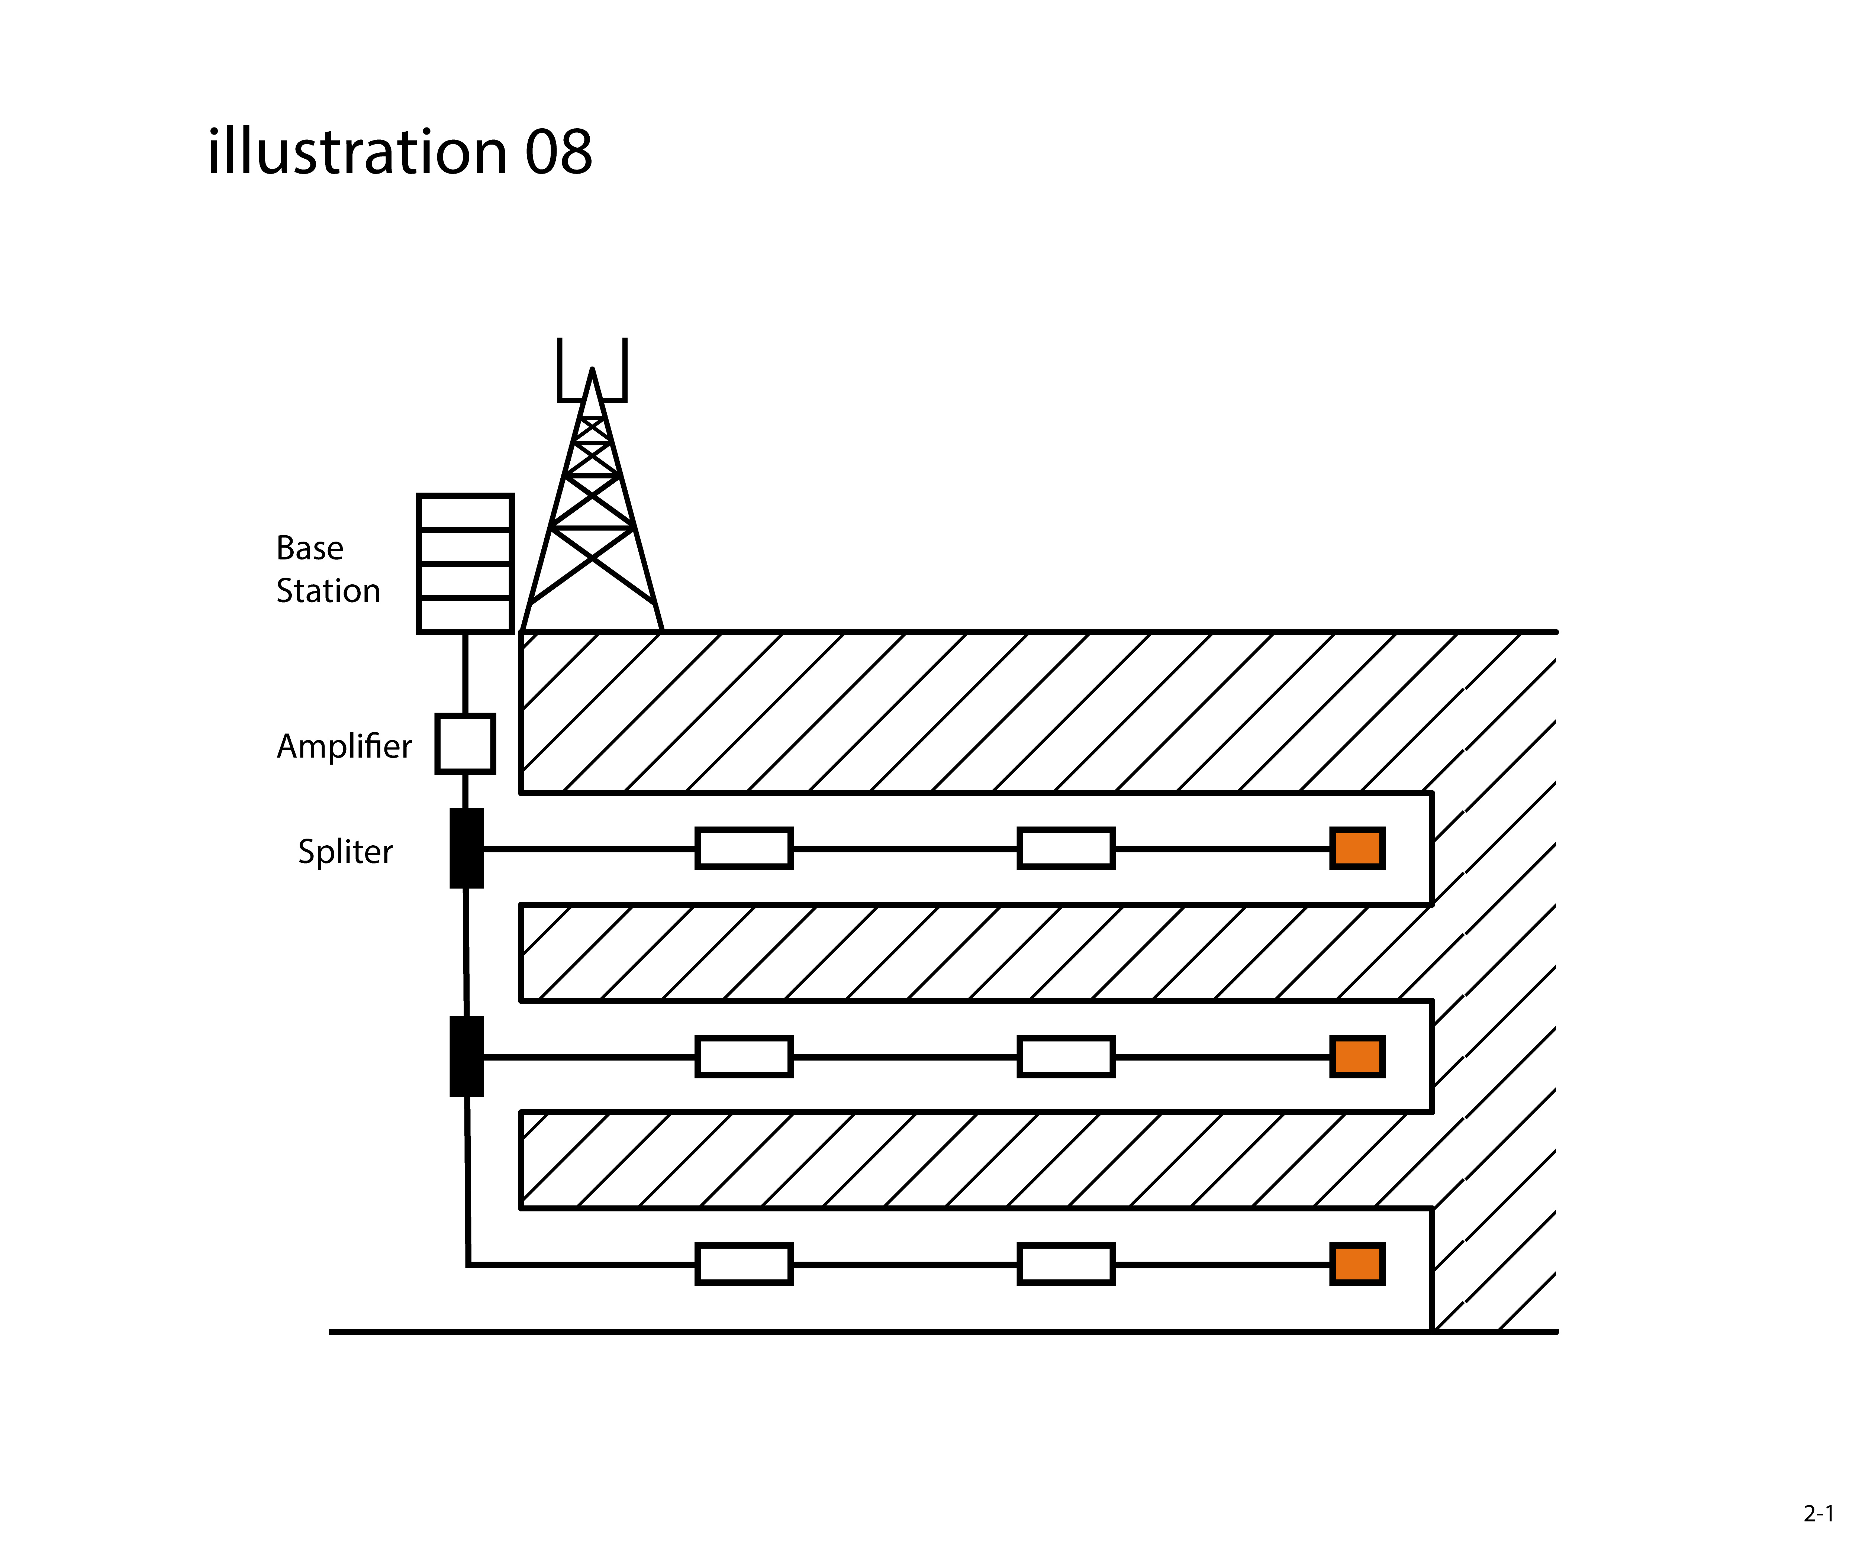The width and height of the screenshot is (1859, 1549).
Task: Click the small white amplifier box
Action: [x=465, y=743]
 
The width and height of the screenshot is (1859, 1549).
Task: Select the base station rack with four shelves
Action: [x=465, y=564]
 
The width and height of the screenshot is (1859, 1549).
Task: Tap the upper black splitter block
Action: [x=467, y=848]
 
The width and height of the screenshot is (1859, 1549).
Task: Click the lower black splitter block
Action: [x=467, y=1056]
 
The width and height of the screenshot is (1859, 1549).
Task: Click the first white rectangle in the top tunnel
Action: [x=744, y=848]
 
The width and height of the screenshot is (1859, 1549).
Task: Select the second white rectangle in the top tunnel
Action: [x=1066, y=848]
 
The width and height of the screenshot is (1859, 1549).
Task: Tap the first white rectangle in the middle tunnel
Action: [x=744, y=1056]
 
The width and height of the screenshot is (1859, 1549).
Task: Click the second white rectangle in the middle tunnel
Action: [x=1066, y=1056]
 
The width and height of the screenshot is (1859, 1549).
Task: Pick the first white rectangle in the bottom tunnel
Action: [x=744, y=1264]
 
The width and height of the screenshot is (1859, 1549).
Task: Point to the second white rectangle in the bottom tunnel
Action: [x=1066, y=1264]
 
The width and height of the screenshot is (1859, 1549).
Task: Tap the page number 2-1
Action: [x=1818, y=1514]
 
